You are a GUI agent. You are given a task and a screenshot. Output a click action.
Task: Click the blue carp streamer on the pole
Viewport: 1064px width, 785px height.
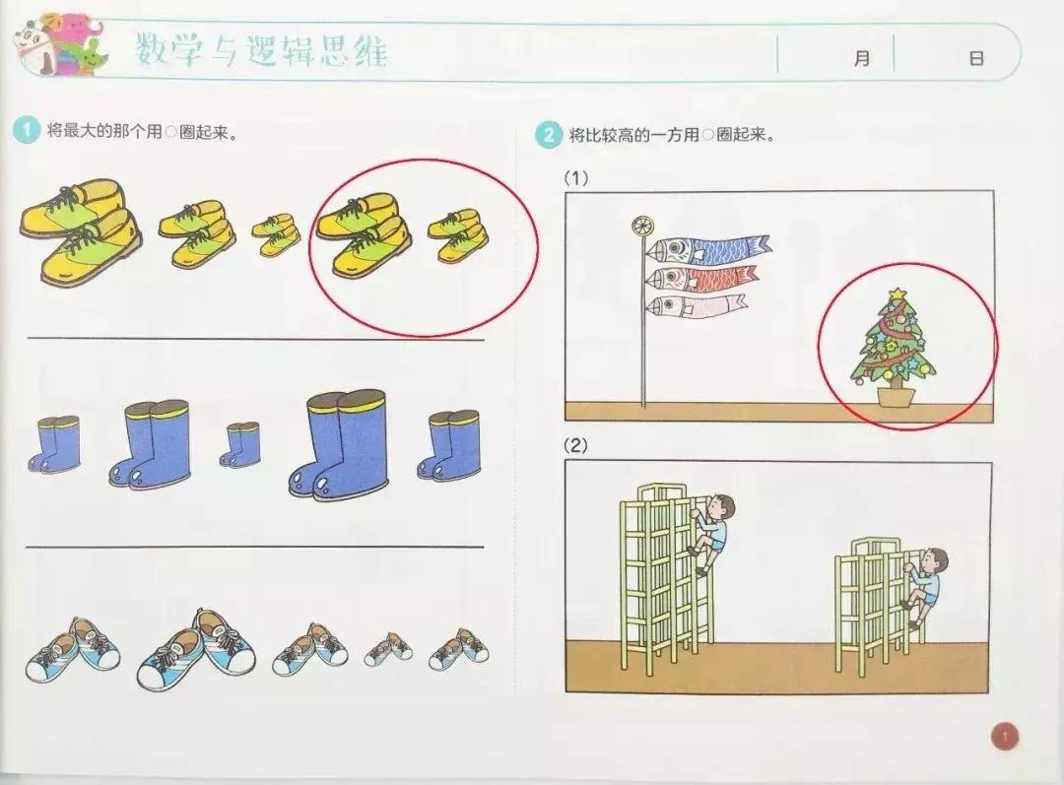pos(707,249)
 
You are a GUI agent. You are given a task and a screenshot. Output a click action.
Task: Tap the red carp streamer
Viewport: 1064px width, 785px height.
pos(701,277)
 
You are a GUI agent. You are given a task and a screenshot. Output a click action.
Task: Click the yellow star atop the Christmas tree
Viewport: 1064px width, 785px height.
pos(898,294)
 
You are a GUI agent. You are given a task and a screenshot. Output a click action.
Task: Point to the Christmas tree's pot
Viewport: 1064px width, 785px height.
pos(896,396)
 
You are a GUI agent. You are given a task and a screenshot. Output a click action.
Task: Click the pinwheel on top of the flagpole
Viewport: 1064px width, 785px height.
pos(640,226)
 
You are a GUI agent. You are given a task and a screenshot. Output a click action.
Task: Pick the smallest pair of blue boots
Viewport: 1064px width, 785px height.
pos(239,444)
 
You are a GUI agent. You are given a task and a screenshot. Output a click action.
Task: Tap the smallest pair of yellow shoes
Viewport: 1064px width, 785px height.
pos(277,234)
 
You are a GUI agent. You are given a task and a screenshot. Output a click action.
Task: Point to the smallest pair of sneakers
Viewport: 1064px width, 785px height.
pos(388,649)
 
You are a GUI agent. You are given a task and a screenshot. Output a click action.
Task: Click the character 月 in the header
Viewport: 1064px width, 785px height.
pos(862,58)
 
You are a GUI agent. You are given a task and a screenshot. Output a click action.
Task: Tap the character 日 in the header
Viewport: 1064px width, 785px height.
pos(975,58)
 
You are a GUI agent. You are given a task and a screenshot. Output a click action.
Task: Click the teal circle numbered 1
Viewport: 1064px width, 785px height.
pos(27,130)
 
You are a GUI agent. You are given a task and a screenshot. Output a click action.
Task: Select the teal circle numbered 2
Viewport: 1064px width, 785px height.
pos(549,134)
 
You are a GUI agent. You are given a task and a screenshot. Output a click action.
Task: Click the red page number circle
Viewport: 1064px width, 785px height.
pos(1005,736)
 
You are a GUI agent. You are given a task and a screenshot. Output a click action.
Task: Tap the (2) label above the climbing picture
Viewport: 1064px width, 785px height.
pos(576,446)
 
